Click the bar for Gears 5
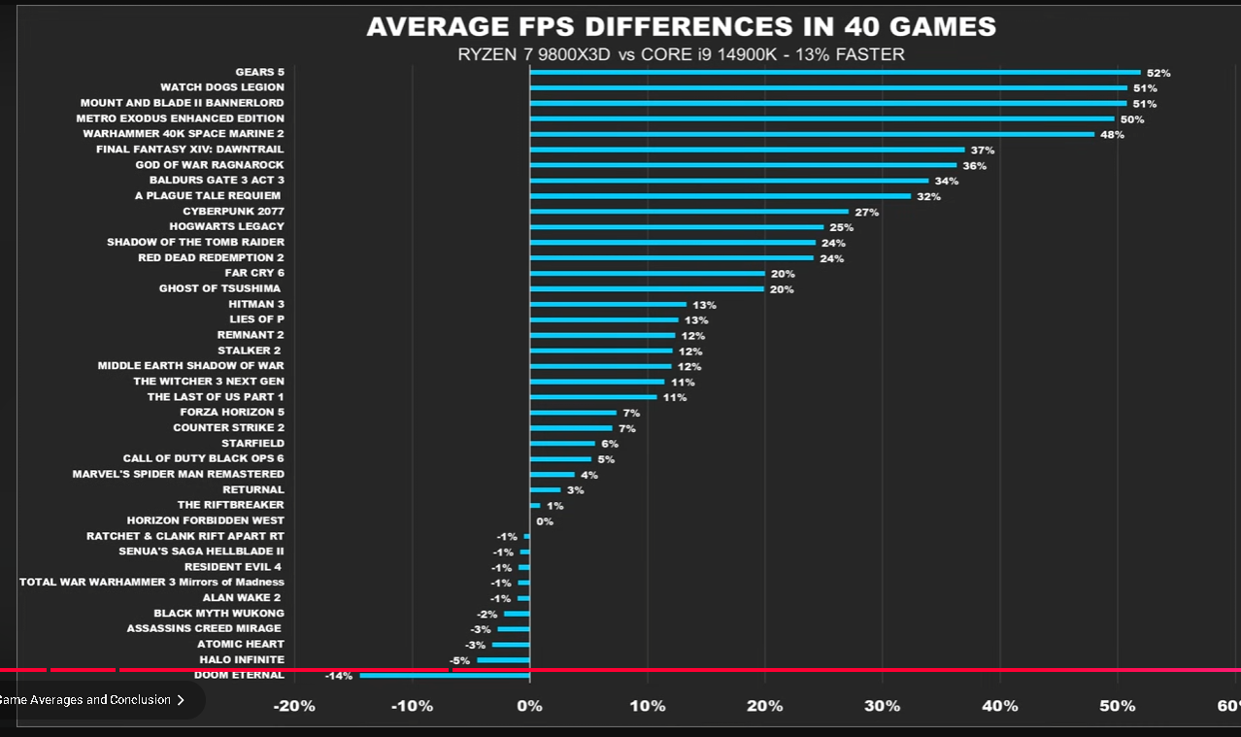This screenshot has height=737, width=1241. coord(835,72)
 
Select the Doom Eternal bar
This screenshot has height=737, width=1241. coord(445,676)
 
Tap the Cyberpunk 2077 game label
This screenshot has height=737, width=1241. coord(233,211)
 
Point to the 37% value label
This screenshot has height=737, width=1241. coord(983,150)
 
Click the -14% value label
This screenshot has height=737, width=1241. coord(338,676)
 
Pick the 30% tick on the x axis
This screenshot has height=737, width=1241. coord(883,706)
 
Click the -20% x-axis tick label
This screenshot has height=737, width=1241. coord(294,706)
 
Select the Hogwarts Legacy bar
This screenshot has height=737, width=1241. coord(677,227)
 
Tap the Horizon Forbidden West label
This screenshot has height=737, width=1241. coord(205,520)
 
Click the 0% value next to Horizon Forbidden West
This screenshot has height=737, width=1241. coord(545,521)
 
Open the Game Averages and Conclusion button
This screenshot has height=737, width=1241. coord(93,699)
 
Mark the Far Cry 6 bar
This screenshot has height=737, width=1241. coord(647,274)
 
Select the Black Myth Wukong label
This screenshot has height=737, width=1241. coord(218,613)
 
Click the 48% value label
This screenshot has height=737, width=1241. coord(1112,134)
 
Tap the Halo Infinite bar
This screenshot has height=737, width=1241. coord(503,660)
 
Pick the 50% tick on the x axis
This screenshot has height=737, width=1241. coord(1118,706)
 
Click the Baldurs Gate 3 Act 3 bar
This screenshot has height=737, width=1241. coord(729,181)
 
